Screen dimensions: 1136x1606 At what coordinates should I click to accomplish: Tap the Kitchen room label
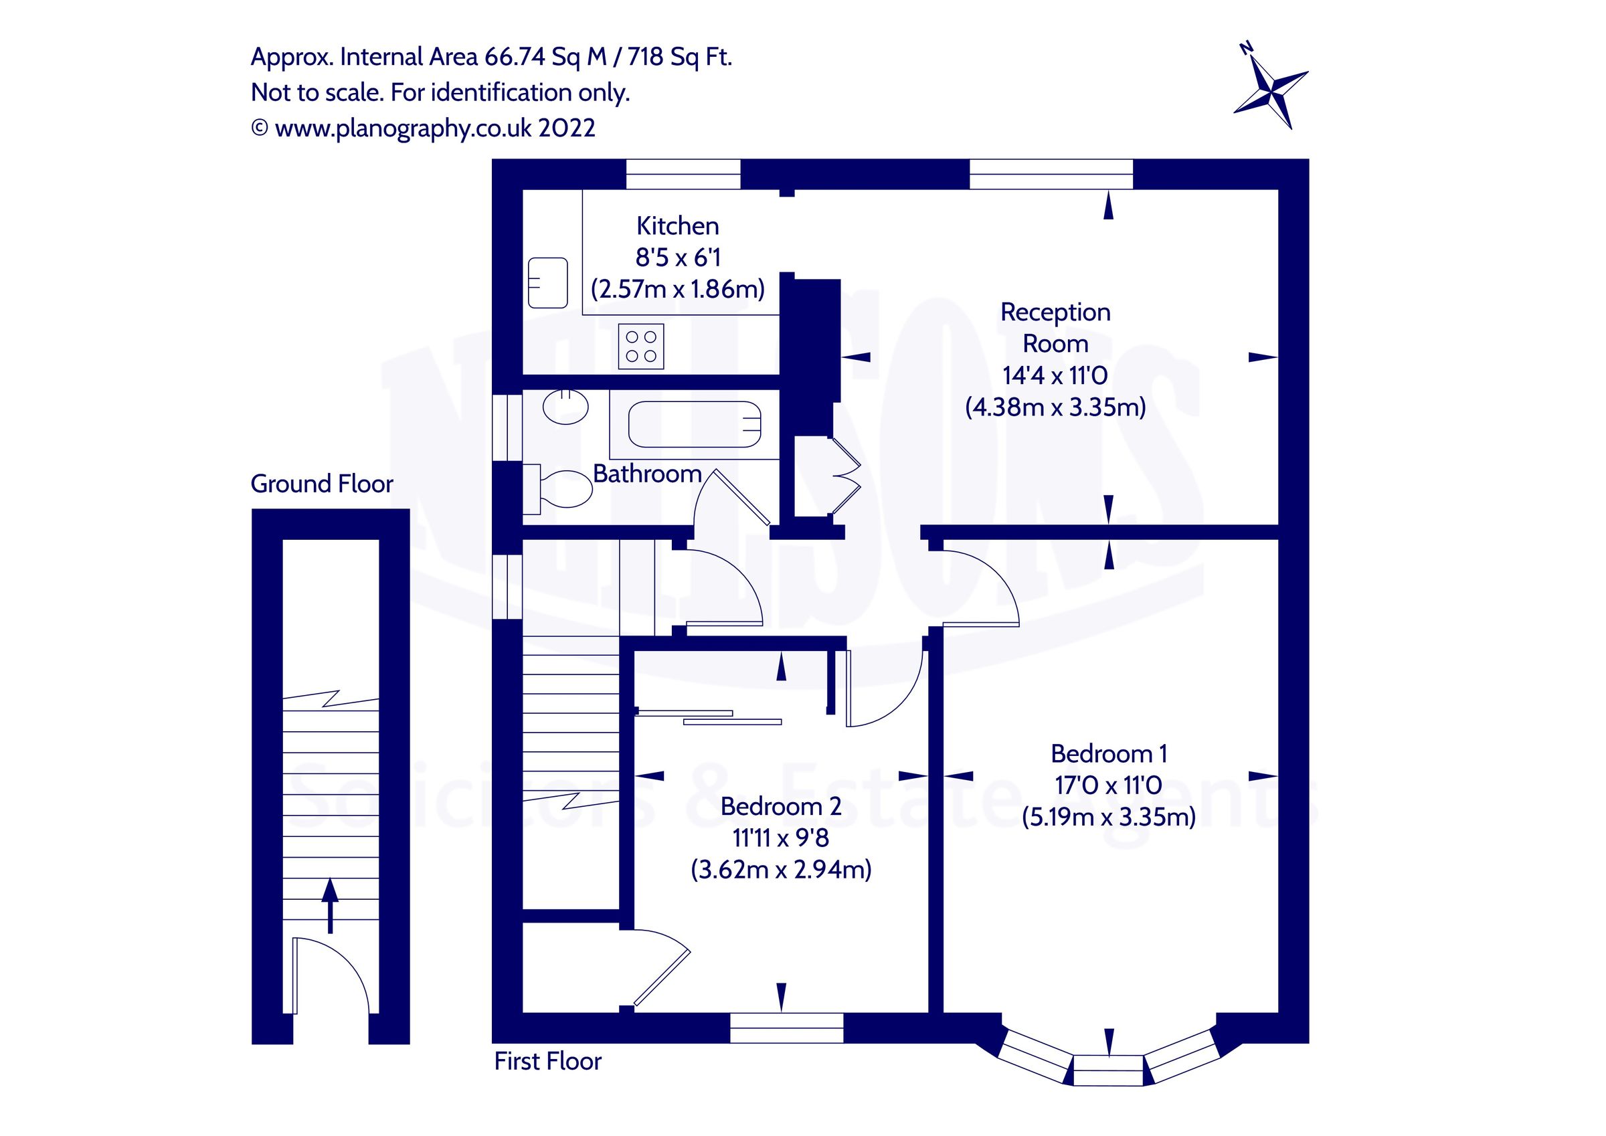coord(677,226)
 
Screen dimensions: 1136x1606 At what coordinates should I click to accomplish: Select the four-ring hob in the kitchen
coord(640,347)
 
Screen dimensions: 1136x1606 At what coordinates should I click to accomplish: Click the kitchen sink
coord(547,282)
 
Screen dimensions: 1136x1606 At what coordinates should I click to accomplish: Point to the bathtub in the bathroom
coord(694,424)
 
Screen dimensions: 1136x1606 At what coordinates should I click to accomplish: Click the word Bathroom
coord(647,474)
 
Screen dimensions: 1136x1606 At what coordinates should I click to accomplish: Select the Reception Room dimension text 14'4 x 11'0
coord(1055,375)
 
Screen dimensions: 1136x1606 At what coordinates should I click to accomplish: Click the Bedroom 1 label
coord(1109,753)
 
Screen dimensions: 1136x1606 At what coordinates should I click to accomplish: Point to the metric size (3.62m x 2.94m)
coord(781,870)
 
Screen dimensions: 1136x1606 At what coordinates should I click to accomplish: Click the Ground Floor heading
coord(322,483)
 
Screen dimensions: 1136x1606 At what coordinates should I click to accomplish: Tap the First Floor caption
coord(547,1061)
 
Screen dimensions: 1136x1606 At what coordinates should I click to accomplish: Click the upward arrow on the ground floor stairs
coord(330,906)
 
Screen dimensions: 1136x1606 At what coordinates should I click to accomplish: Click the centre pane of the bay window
coord(1108,1070)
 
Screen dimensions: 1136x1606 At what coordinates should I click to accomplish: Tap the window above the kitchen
coord(683,174)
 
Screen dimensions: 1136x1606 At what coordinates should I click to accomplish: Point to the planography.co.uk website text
coord(434,128)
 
